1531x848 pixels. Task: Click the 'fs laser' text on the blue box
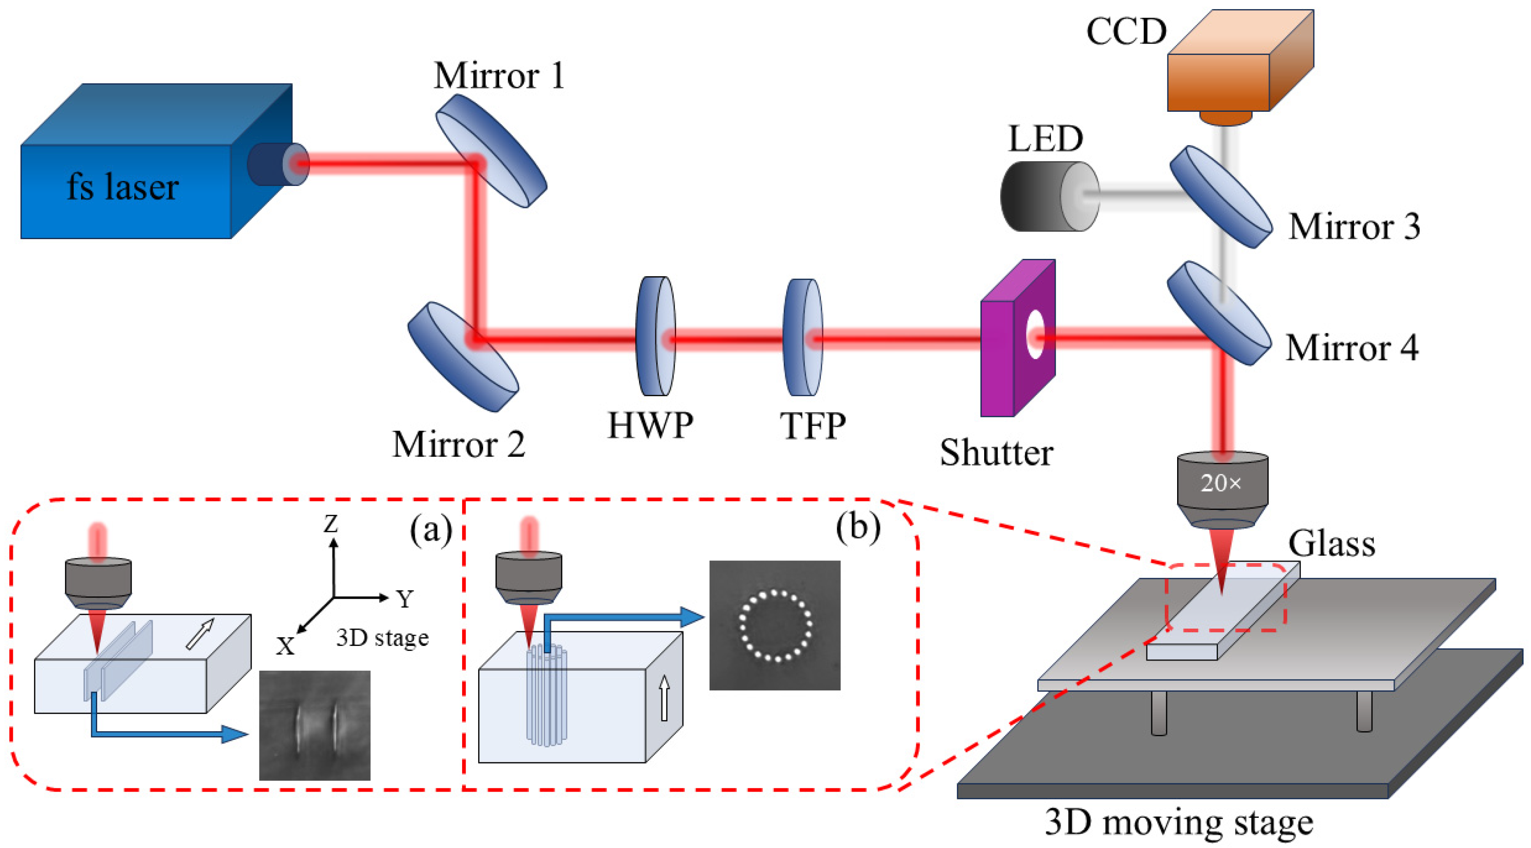(x=122, y=187)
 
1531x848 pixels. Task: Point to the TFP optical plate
(x=802, y=337)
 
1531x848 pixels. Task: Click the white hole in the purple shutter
(x=1035, y=334)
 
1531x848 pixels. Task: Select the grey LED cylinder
(x=1049, y=197)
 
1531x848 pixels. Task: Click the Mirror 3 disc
(x=1221, y=197)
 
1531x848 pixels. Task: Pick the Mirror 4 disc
(x=1218, y=313)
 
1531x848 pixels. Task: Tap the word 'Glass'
(x=1331, y=544)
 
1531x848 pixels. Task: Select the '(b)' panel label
(x=857, y=525)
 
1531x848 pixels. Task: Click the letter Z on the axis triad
(x=330, y=524)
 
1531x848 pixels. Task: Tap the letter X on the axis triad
(x=285, y=646)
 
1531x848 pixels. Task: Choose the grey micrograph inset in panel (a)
(x=314, y=725)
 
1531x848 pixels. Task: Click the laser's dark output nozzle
(x=270, y=164)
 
